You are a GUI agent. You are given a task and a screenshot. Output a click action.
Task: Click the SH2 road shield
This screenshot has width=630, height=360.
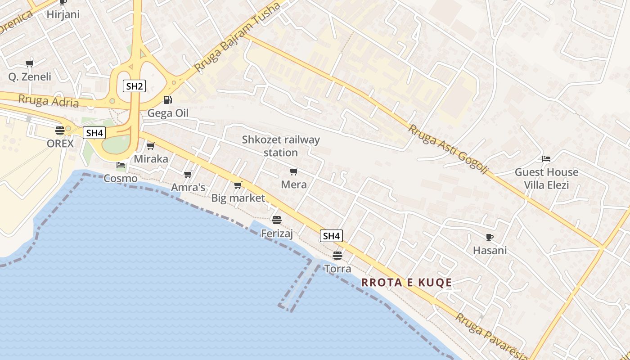134,86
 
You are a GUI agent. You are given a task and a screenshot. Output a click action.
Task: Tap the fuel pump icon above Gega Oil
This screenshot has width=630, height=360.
167,99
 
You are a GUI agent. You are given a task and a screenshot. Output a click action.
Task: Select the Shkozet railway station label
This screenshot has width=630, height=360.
281,146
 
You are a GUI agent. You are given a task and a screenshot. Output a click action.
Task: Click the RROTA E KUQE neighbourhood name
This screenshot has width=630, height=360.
406,283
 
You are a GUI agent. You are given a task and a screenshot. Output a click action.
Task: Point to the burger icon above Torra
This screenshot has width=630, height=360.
337,256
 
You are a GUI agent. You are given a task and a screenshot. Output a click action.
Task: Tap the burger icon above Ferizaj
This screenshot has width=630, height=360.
277,220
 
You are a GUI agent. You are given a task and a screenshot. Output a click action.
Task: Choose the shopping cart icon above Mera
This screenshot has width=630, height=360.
294,171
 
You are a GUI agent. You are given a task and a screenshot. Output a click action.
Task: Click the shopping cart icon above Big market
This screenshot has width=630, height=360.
238,185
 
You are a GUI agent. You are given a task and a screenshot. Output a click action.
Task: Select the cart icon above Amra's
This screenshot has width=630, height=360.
188,174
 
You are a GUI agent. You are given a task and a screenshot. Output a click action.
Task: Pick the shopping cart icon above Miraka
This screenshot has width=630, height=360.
151,146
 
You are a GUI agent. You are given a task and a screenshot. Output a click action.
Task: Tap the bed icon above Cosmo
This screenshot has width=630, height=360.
121,165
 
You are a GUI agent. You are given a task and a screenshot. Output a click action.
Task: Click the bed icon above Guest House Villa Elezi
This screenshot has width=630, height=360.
546,159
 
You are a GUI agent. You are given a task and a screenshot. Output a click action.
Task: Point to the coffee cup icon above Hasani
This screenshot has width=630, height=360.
490,237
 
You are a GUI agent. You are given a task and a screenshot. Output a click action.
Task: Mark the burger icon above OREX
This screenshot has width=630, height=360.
60,130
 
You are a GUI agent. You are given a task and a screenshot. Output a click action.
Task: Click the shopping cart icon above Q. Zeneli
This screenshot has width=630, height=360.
30,63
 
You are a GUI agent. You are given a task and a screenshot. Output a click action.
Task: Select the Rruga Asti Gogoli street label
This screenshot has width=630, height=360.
448,149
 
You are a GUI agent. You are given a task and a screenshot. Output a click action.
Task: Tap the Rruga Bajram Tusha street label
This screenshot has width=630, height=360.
237,37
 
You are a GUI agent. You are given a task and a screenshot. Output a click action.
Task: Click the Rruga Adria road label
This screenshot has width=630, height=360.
49,100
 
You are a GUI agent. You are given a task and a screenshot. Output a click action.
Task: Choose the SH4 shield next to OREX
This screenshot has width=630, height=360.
94,133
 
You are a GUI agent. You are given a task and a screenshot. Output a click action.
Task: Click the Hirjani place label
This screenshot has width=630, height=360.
63,14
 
